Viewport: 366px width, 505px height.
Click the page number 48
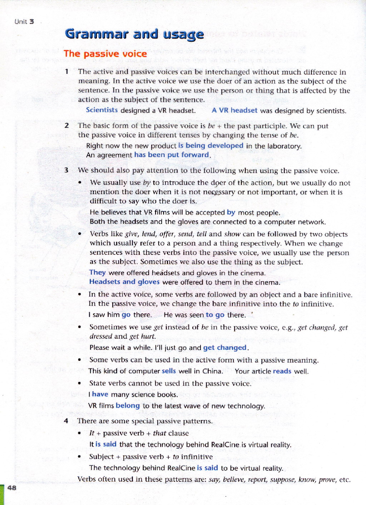click(x=11, y=488)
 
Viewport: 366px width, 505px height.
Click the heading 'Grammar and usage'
click(x=134, y=34)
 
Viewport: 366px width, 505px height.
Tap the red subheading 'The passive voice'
click(x=105, y=54)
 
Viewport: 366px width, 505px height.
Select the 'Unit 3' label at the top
click(x=24, y=21)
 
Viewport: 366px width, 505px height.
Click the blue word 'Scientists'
click(x=102, y=110)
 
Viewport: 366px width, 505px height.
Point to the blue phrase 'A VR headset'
click(x=234, y=110)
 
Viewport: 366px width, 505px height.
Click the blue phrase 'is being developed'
click(x=211, y=146)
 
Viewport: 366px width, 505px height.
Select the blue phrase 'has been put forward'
click(x=172, y=155)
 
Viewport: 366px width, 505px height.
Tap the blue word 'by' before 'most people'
click(x=231, y=212)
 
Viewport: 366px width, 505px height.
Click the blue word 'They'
click(x=97, y=273)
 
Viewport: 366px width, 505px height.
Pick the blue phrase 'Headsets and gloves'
click(x=124, y=282)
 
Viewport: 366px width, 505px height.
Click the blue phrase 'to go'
click(x=215, y=315)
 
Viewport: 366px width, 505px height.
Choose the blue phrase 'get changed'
click(x=225, y=348)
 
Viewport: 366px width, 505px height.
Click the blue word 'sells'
click(x=169, y=371)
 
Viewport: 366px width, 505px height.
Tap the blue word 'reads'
click(x=282, y=371)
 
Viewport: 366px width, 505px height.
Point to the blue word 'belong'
click(x=128, y=406)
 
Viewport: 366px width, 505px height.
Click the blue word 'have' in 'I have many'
click(x=100, y=394)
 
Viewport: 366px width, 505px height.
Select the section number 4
click(x=66, y=421)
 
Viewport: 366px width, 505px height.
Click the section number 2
click(x=66, y=125)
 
